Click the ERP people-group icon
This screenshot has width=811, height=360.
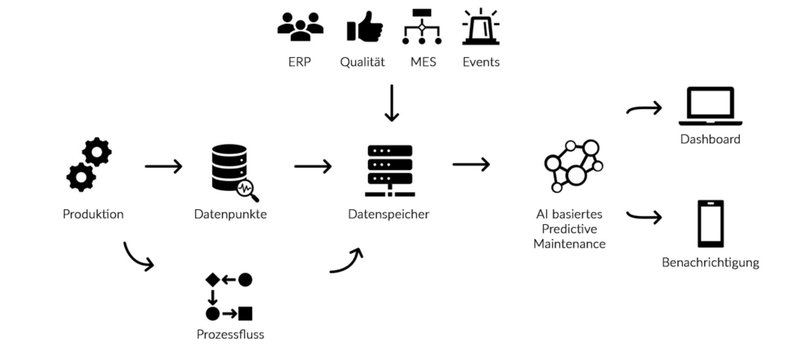point(300,27)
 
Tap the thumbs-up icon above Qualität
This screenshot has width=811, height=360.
point(364,27)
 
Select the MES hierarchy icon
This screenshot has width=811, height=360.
point(422,27)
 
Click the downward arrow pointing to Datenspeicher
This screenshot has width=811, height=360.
point(392,104)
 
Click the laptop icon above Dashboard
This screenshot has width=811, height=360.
point(710,106)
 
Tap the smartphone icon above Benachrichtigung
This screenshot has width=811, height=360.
point(710,224)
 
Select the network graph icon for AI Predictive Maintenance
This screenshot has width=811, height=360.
point(573,166)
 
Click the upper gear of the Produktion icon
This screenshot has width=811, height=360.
point(97,152)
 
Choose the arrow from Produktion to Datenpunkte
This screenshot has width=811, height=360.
point(164,166)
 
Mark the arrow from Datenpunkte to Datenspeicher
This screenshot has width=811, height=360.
point(313,166)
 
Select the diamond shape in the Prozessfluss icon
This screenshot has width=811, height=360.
point(213,280)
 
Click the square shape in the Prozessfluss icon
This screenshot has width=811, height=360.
point(245,313)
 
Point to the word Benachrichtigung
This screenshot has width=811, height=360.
point(710,263)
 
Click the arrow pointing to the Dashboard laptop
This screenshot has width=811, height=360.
point(644,109)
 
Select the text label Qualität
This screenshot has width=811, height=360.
point(362,62)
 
